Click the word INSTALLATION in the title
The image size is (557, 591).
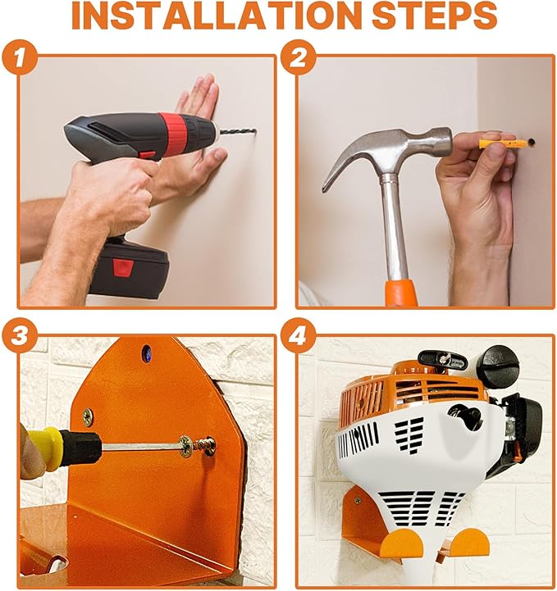[215, 16]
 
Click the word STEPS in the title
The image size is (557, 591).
[434, 16]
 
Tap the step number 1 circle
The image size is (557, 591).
[20, 58]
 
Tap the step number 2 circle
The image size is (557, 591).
[298, 58]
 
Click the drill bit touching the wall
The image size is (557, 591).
[238, 132]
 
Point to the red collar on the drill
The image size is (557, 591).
[172, 131]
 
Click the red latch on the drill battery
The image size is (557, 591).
[122, 267]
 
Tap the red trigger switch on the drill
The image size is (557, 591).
[147, 155]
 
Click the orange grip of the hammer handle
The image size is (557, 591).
[401, 293]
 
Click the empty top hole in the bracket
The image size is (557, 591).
[146, 352]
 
